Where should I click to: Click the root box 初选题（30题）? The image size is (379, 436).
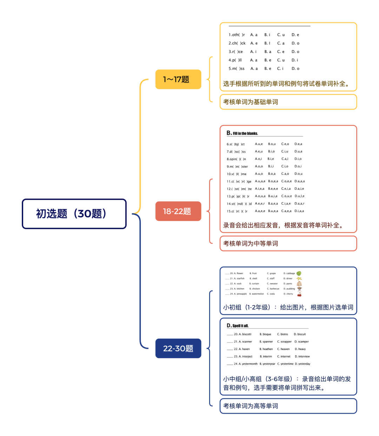tap(74, 214)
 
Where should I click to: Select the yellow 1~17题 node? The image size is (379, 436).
tap(178, 79)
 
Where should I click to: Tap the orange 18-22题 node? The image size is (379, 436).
tap(178, 211)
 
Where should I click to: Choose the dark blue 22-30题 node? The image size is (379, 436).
tap(178, 348)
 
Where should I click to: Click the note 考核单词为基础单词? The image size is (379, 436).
tap(251, 102)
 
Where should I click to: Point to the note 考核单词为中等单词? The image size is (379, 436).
tap(251, 243)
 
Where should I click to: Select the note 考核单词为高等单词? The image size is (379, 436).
tap(251, 406)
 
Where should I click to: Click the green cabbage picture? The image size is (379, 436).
tap(299, 274)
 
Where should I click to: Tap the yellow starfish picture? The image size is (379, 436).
tap(299, 279)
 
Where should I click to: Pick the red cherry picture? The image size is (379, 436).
tap(299, 295)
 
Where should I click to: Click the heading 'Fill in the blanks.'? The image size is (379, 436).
tap(245, 133)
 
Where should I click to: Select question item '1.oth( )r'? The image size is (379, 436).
tap(237, 35)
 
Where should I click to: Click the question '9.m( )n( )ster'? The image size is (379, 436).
tap(237, 167)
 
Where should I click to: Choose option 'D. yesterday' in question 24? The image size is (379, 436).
tap(302, 364)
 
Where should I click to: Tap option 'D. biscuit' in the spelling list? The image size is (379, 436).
tap(300, 334)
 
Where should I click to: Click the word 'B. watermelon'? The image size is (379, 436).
tap(257, 294)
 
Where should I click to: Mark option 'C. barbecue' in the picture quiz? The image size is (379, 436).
tap(273, 289)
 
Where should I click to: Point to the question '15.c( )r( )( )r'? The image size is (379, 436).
tap(237, 212)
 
